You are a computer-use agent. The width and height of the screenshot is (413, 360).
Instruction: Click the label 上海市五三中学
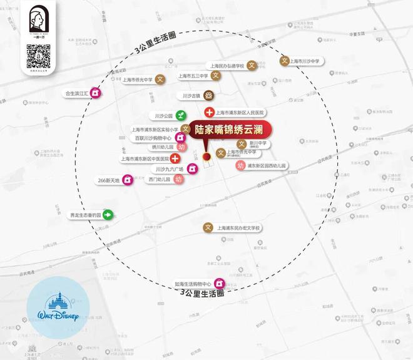click(x=193, y=76)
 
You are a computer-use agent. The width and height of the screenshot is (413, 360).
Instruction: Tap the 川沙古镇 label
click(x=191, y=96)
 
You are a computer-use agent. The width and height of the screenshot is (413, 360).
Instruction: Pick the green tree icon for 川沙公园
click(x=180, y=115)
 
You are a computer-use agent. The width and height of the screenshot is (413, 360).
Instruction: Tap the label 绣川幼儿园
click(x=163, y=148)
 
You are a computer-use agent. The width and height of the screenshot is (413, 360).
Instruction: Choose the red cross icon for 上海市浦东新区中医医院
click(x=175, y=158)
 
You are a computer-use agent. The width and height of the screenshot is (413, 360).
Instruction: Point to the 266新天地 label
click(x=110, y=180)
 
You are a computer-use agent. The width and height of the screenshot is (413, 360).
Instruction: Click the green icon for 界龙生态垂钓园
click(x=108, y=215)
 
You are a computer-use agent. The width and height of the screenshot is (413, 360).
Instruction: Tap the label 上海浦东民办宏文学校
click(x=238, y=228)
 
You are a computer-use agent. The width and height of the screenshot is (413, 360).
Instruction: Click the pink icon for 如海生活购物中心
click(x=219, y=283)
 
